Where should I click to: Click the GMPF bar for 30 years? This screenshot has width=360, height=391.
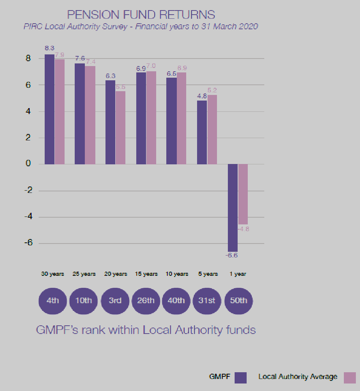coord(50,109)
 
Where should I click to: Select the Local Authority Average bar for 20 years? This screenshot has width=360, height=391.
coord(121,128)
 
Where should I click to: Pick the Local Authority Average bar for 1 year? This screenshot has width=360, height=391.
coord(243,194)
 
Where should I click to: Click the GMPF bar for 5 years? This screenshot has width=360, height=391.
coord(202,132)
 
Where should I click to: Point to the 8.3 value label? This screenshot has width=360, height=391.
coord(50,48)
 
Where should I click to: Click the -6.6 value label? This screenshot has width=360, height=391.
coord(232,256)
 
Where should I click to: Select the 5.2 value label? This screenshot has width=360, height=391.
coord(212,90)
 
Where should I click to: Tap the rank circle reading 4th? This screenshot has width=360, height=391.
coord(53,301)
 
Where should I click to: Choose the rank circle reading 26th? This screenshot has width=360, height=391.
coord(146,301)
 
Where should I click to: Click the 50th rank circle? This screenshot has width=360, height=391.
coord(238,301)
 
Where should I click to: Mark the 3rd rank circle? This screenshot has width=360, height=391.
coord(115,301)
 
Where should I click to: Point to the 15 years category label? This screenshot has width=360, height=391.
coord(146,274)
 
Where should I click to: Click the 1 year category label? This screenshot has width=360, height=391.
coord(238,274)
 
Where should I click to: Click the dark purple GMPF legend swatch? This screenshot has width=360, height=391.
coord(241,377)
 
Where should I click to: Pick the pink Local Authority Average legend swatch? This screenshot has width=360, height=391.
coord(349,377)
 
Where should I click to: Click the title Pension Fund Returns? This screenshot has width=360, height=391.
coord(141,15)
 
